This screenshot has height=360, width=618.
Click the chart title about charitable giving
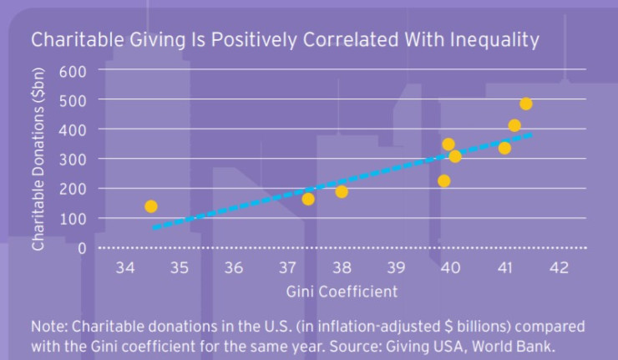[x=285, y=39]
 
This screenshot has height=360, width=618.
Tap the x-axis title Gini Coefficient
[x=342, y=292]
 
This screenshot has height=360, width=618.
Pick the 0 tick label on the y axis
[x=82, y=248]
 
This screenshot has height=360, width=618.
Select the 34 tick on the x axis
[x=125, y=268]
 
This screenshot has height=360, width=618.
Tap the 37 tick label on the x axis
[x=287, y=268]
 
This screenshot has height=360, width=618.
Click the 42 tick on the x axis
[x=559, y=268]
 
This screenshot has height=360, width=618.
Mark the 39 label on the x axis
[x=396, y=268]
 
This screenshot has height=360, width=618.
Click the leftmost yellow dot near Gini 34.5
[x=151, y=206]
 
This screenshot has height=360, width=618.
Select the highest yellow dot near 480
[x=526, y=104]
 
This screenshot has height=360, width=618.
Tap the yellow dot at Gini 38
[x=342, y=191]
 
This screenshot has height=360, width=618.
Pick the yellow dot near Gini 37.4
[x=308, y=199]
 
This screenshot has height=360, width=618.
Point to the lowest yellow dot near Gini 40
[x=444, y=180]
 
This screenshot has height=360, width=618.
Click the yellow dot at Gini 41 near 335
[x=504, y=148]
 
